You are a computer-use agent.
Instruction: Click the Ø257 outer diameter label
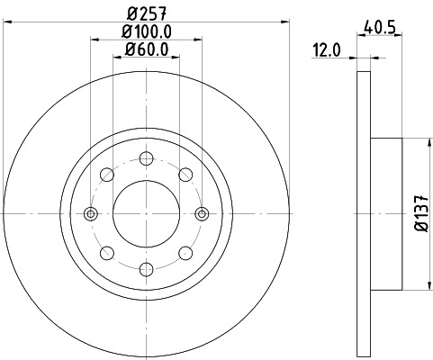(145, 13)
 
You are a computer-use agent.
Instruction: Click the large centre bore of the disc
(145, 213)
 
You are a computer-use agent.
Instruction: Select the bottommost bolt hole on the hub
(145, 269)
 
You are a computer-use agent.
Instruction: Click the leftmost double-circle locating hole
(90, 213)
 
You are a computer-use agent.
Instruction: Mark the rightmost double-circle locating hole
(201, 213)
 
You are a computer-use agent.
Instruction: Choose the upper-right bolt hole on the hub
(185, 174)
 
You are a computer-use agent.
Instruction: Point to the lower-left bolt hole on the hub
(106, 253)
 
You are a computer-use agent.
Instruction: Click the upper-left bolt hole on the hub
(106, 174)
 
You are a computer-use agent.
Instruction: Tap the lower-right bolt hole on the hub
(185, 253)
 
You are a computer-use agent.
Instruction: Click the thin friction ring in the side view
(364, 213)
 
